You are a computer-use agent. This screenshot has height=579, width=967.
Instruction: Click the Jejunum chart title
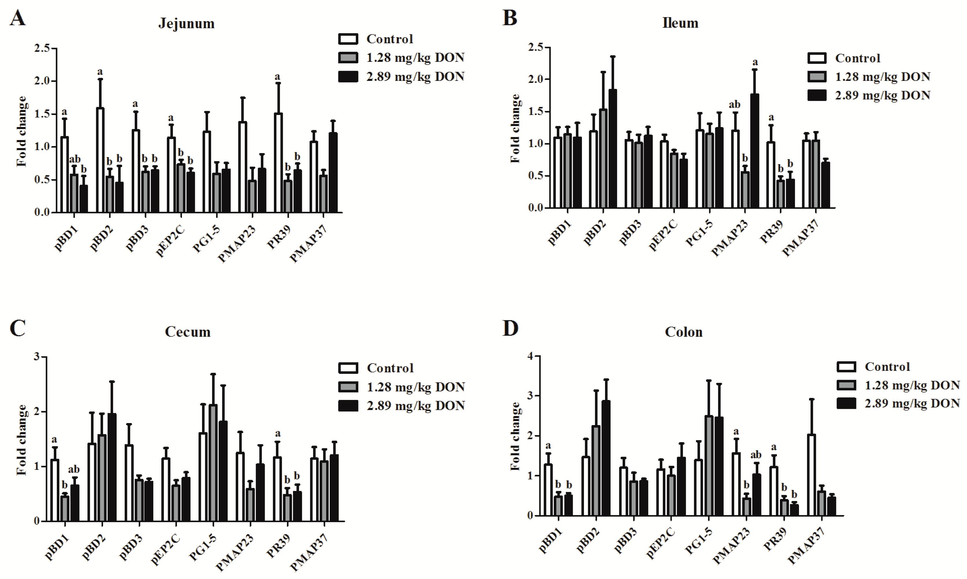tap(186, 23)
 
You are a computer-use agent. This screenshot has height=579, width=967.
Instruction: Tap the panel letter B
tap(510, 18)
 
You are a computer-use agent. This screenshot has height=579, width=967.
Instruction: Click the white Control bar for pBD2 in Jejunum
tap(100, 160)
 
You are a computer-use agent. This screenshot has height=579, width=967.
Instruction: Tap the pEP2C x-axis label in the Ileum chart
tap(662, 234)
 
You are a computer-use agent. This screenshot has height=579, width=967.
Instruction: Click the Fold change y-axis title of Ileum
tap(516, 129)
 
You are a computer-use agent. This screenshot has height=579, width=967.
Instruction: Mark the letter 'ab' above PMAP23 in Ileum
tap(734, 105)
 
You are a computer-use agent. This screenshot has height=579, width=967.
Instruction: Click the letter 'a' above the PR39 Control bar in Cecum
tap(278, 433)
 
